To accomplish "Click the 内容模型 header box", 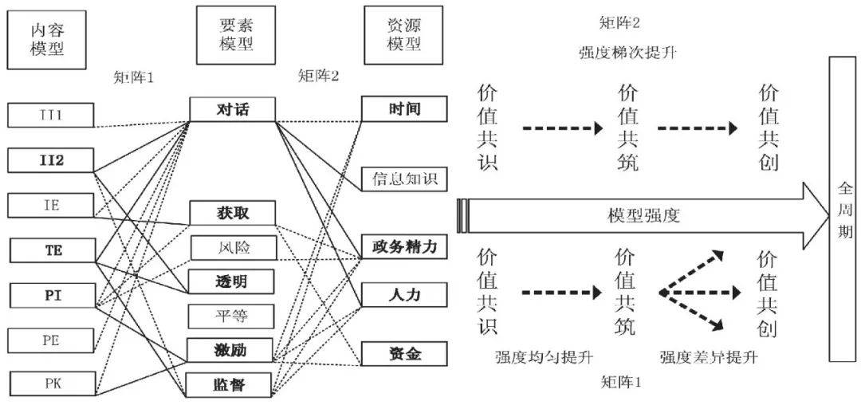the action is click(x=48, y=39).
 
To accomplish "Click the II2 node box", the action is click(x=50, y=160).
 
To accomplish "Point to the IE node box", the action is click(x=50, y=206).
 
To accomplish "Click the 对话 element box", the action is click(x=232, y=110).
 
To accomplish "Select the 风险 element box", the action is click(x=232, y=248).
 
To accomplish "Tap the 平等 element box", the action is click(x=231, y=317).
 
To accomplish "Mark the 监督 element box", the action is click(x=230, y=384).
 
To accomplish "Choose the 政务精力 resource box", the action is click(x=405, y=246).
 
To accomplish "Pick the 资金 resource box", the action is click(x=405, y=353).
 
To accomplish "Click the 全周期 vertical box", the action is click(x=843, y=209).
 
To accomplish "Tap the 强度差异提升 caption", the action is click(x=709, y=359).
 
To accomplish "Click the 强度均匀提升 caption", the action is click(x=545, y=359).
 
